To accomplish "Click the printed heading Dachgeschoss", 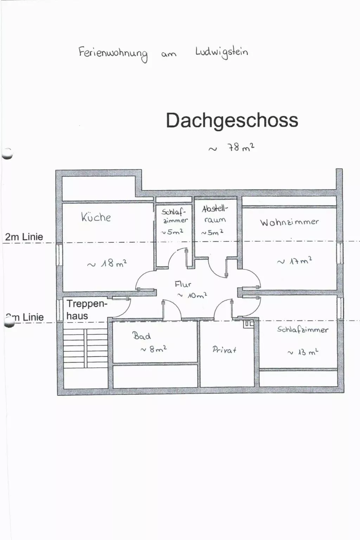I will pyautogui.click(x=232, y=120).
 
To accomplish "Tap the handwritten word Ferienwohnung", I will pyautogui.click(x=113, y=53).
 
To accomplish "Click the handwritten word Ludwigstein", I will pyautogui.click(x=221, y=52).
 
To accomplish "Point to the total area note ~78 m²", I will pyautogui.click(x=232, y=148).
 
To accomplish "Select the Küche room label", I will pyautogui.click(x=96, y=217).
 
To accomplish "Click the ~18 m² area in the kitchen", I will pyautogui.click(x=107, y=264).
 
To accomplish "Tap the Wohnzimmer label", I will pyautogui.click(x=289, y=222).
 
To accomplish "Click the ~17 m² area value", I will pyautogui.click(x=295, y=261).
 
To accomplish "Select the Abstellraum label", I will pyautogui.click(x=215, y=214).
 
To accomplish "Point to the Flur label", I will pyautogui.click(x=183, y=284).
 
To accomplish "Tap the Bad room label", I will pyautogui.click(x=142, y=336).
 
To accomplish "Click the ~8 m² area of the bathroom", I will pyautogui.click(x=153, y=349).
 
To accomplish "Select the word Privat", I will pyautogui.click(x=224, y=349).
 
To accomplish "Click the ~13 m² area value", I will pyautogui.click(x=303, y=352).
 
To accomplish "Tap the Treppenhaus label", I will pyautogui.click(x=86, y=310).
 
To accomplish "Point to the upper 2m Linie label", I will pyautogui.click(x=24, y=237).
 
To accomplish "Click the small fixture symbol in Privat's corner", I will pyautogui.click(x=249, y=324).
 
